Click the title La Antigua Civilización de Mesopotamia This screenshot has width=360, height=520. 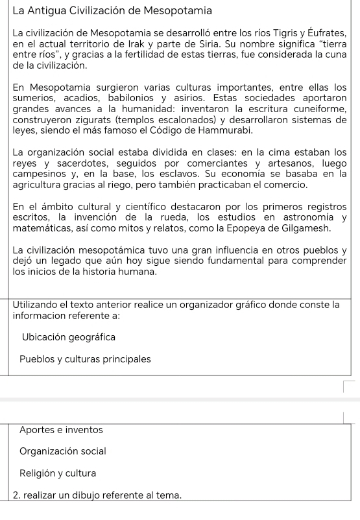pos(113,10)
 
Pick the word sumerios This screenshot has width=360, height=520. pos(34,98)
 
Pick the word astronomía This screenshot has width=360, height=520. pos(306,218)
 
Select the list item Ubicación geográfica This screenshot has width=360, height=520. pos(69,337)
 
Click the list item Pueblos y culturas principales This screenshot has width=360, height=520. pos(85,359)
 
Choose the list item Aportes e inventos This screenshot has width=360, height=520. pos(61,429)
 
